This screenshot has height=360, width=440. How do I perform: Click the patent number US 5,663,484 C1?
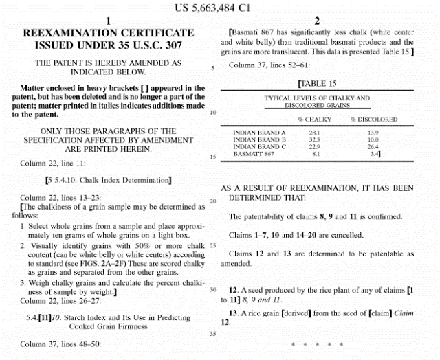pyautogui.click(x=219, y=8)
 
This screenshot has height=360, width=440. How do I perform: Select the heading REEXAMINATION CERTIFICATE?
pyautogui.click(x=109, y=32)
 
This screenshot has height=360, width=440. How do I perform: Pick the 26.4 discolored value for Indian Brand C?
pyautogui.click(x=373, y=146)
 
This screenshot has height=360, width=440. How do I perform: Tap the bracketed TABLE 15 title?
pyautogui.click(x=317, y=84)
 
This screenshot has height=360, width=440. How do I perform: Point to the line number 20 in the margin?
pyautogui.click(x=213, y=201)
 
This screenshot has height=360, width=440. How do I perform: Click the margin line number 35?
pyautogui.click(x=213, y=334)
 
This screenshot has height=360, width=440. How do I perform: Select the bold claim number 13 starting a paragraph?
pyautogui.click(x=232, y=313)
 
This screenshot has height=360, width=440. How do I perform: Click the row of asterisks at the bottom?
pyautogui.click(x=316, y=342)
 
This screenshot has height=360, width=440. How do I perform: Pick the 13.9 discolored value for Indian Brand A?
pyautogui.click(x=373, y=133)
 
